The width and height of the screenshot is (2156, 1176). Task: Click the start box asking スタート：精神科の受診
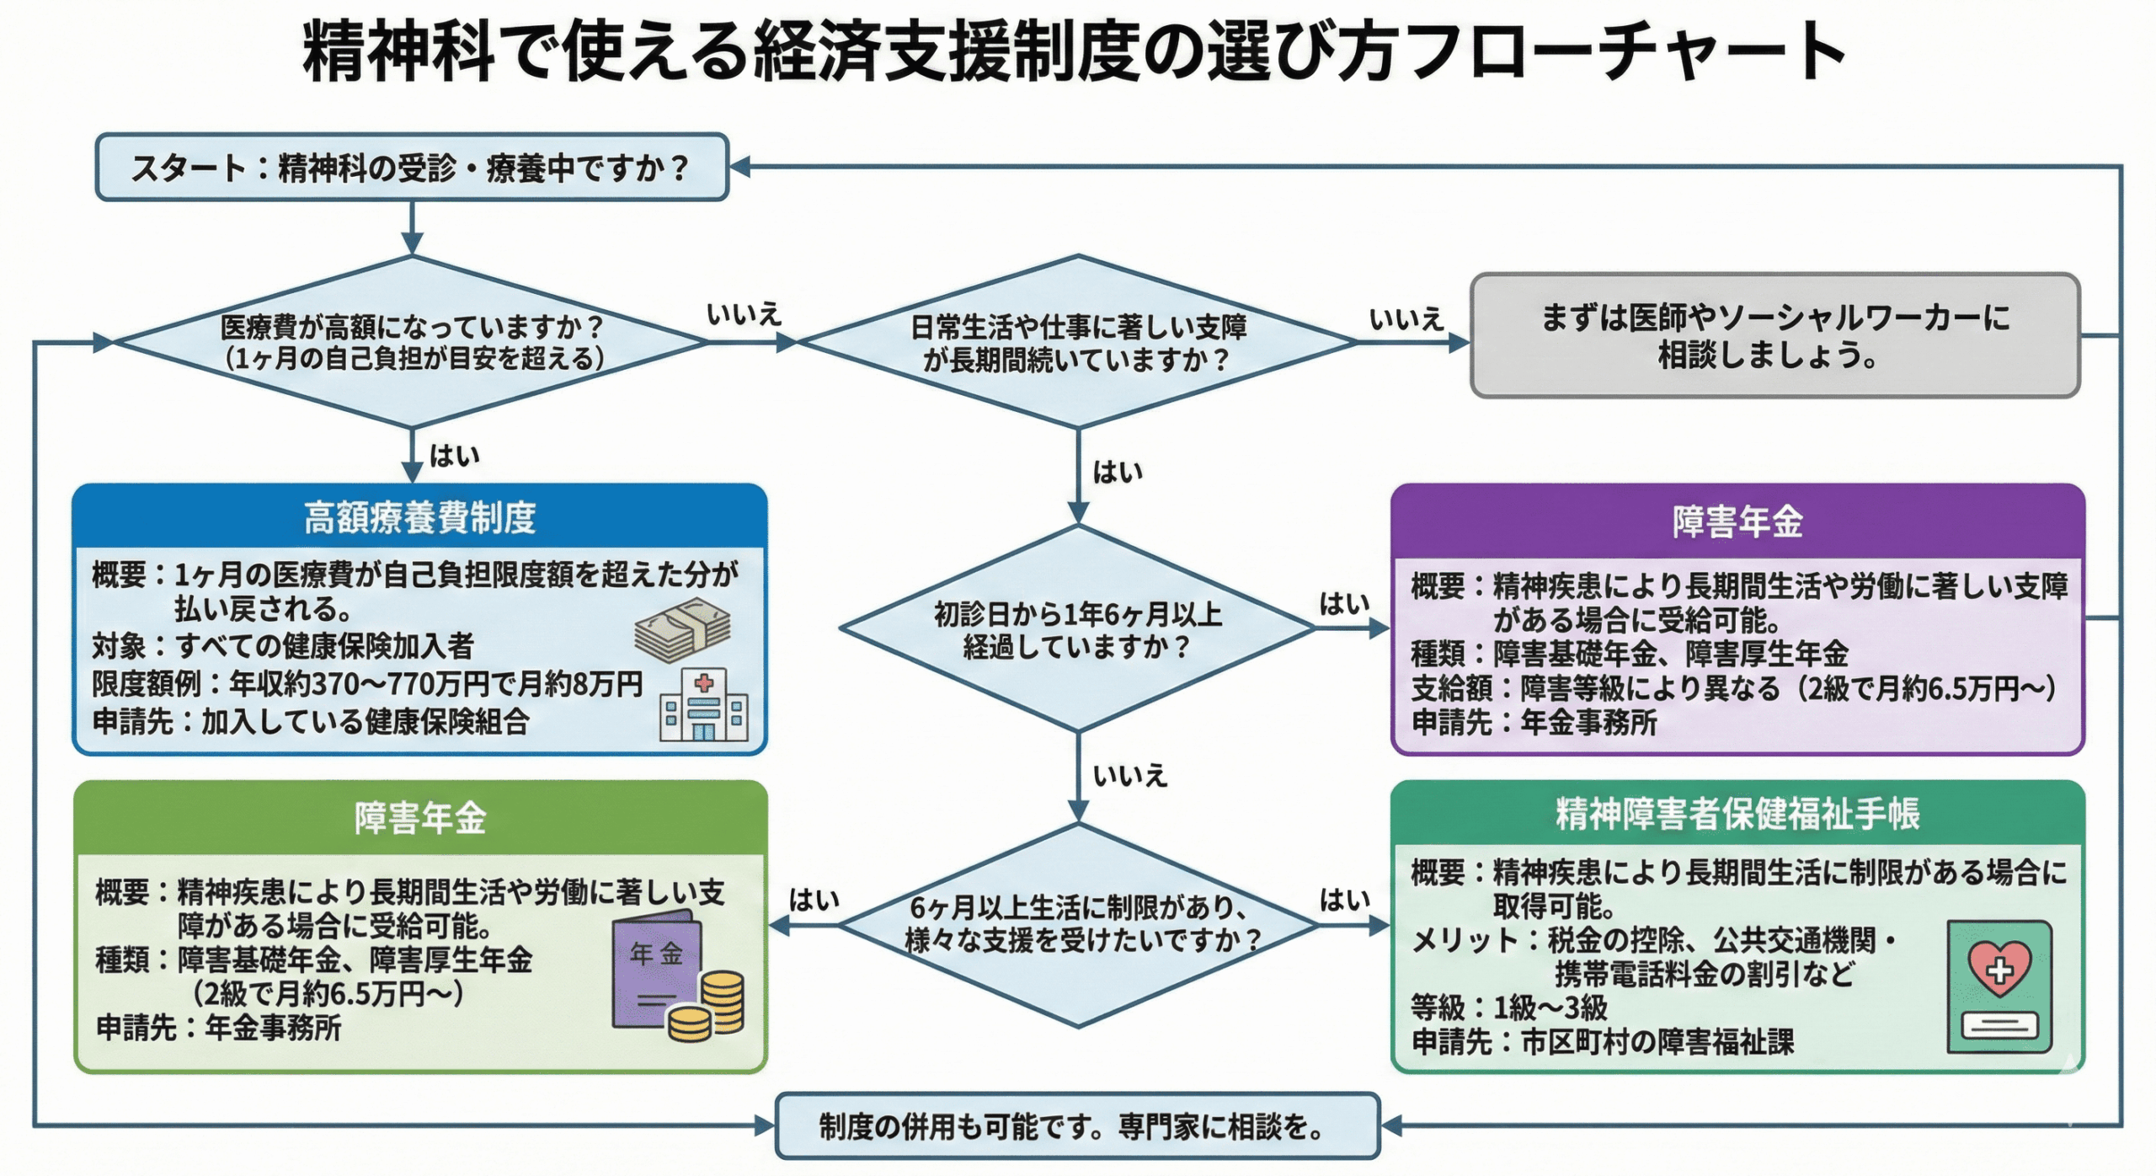411,168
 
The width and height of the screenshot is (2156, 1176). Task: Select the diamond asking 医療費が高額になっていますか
411,342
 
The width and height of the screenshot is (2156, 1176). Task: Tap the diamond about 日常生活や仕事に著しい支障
1077,342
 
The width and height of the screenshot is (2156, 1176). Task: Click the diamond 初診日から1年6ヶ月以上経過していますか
1077,629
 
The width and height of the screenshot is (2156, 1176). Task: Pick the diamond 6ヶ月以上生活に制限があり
1077,924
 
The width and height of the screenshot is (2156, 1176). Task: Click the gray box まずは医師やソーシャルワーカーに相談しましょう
1774,335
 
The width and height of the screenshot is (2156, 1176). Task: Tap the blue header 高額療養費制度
419,517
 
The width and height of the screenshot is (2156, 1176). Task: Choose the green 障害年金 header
419,818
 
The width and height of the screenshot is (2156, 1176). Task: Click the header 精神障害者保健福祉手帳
1737,814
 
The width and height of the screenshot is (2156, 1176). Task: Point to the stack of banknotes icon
682,630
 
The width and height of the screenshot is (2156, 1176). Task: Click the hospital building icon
703,706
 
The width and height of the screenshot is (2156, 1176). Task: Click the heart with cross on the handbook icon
1999,967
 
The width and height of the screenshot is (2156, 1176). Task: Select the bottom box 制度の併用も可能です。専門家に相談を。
1077,1126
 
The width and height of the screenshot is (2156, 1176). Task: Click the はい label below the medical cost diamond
454,457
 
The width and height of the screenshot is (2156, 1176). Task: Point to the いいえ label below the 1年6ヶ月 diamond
1129,776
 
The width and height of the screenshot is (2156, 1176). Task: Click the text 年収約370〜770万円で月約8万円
436,685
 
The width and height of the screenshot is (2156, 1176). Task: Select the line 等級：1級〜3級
1508,1008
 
